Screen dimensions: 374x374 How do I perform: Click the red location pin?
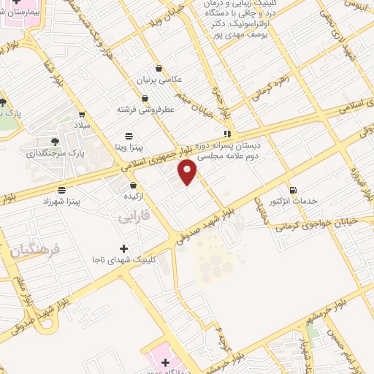click(188, 172)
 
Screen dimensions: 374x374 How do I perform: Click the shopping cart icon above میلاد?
click(81, 114)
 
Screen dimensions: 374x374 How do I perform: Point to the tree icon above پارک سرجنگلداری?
click(56, 141)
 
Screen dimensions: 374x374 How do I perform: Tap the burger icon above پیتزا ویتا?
click(129, 135)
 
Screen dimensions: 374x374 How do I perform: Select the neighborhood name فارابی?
click(133, 217)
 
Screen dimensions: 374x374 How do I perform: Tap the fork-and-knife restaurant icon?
click(227, 134)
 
